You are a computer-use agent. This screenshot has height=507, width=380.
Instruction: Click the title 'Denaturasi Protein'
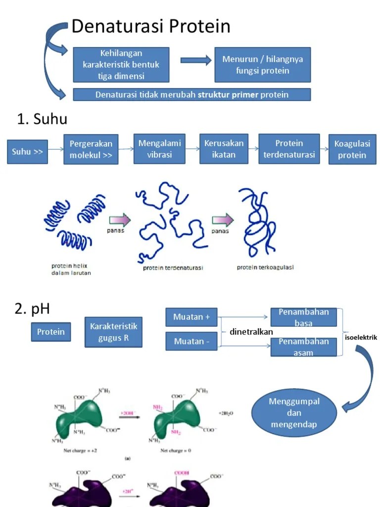click(151, 27)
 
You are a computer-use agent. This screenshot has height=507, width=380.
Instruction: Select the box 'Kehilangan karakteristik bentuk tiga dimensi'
click(121, 64)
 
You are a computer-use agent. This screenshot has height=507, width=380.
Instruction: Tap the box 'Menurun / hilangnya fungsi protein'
click(262, 64)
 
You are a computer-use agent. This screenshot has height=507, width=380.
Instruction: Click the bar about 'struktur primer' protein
click(191, 95)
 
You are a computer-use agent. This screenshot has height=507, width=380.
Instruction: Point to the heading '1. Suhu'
click(42, 119)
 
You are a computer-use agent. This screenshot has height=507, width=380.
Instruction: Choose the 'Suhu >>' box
click(27, 152)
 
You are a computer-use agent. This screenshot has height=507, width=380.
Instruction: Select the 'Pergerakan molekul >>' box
click(91, 149)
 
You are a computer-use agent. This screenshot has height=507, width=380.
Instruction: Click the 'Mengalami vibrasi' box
click(159, 149)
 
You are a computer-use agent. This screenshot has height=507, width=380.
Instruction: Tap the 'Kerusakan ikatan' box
click(224, 149)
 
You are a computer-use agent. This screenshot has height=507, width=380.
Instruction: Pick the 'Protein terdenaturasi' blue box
click(289, 149)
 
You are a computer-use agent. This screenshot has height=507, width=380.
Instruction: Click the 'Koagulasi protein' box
click(350, 149)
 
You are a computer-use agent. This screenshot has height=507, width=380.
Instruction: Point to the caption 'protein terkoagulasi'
click(265, 267)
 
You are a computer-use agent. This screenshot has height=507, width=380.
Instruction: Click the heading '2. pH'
click(32, 309)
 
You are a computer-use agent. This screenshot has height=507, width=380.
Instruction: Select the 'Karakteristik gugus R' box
click(113, 332)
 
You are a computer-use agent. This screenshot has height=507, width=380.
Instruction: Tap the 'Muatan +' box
click(191, 317)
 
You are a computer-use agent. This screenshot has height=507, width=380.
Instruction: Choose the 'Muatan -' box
click(191, 341)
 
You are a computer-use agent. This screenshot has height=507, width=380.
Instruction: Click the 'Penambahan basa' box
click(303, 317)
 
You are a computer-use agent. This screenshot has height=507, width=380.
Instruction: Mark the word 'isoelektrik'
click(361, 338)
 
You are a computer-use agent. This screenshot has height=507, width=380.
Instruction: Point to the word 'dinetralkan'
click(251, 332)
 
